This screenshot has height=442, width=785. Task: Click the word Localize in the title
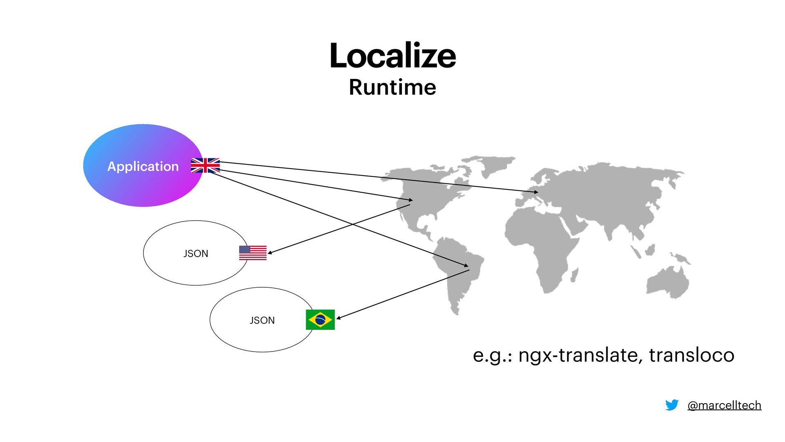click(392, 56)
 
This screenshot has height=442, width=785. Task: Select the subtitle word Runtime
click(392, 87)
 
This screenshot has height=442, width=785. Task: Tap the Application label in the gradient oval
click(143, 166)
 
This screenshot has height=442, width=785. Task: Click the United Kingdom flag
click(205, 165)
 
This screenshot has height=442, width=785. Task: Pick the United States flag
click(253, 253)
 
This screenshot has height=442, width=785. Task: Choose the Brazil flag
click(320, 320)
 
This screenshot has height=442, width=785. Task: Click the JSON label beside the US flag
click(195, 254)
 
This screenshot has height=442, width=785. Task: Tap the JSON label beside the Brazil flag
click(262, 320)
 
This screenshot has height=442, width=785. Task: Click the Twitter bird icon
click(672, 405)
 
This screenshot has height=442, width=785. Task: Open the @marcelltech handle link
click(724, 405)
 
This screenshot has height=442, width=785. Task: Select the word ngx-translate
click(578, 355)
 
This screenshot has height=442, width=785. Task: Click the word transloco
click(691, 355)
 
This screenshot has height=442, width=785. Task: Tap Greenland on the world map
click(491, 164)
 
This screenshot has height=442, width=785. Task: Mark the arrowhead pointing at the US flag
click(270, 253)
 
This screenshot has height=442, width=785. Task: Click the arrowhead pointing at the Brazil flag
click(338, 318)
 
